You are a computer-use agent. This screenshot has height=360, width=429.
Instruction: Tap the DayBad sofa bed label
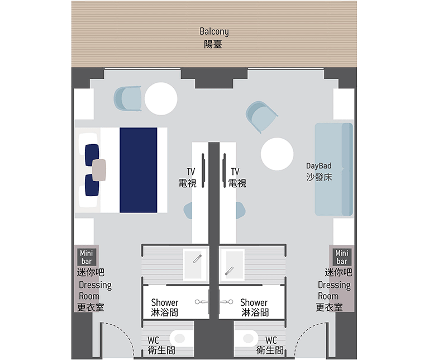pos(319,172)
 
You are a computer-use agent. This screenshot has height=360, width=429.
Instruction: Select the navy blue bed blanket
pos(138,170)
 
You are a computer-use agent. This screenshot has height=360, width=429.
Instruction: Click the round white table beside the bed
pos(161,98)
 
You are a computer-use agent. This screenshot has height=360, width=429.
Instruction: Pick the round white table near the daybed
pos(277,154)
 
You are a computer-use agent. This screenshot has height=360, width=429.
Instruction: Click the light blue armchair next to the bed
pos(128,99)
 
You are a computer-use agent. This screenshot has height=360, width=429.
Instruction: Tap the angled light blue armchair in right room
pos(261,116)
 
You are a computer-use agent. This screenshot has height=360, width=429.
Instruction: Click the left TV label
pos(188,177)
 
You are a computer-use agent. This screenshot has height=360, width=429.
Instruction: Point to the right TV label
pos(237,177)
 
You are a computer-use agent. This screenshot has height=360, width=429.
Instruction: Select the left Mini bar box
pos(87,257)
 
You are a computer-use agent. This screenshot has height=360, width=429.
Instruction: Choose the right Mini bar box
pos(342,257)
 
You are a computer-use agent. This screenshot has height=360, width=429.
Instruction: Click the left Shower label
pos(164,307)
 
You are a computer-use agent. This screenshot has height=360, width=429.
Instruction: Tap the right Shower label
pos(255,307)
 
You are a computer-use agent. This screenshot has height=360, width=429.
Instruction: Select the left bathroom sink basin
pos(195,264)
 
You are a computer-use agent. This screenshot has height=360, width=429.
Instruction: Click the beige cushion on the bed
pos(99,170)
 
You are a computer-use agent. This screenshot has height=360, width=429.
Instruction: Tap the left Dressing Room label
pos(94,296)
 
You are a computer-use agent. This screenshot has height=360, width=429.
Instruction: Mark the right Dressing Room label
pos(333,296)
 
